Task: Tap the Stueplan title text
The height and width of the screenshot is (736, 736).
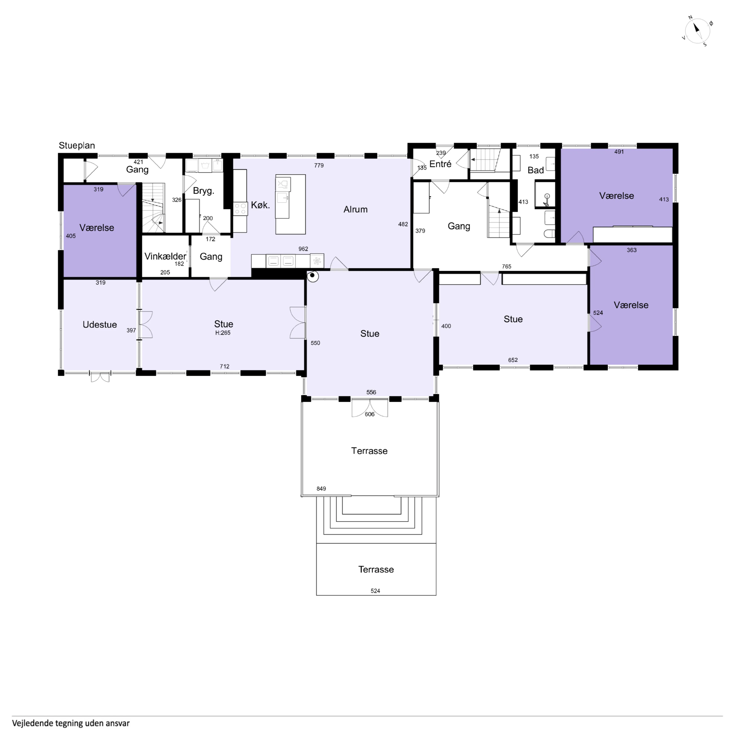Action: coord(77,146)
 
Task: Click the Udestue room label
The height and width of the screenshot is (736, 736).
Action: coord(100,325)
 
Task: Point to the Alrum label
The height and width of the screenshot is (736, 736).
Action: coord(356,209)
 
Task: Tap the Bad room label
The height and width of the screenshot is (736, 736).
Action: coord(536,170)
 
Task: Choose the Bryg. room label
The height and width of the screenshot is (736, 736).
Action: coord(203,191)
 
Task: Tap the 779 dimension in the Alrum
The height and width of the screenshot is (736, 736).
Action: coord(319,165)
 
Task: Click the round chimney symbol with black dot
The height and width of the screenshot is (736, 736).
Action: coord(313,276)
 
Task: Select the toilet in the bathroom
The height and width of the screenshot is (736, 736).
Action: coord(549,234)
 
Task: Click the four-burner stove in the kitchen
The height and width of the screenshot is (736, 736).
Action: coord(240,209)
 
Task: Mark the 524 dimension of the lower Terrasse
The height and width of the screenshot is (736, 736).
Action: coord(375,591)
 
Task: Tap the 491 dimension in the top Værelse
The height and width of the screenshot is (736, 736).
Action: coord(619,152)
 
